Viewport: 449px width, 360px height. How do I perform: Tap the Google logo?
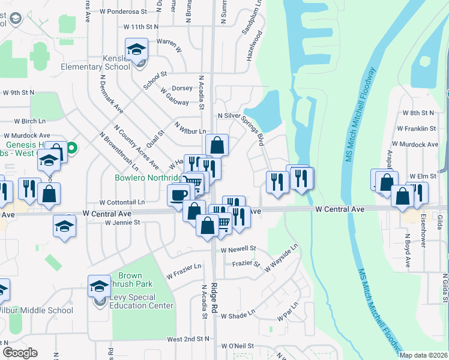pos(20,353)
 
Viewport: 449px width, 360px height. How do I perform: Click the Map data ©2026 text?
pos(423,355)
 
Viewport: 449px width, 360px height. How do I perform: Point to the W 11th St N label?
pos(140,27)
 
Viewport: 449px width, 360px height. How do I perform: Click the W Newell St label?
pos(238,249)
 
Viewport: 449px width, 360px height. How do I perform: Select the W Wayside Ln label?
pos(282,258)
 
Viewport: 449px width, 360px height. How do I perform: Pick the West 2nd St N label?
pos(188,339)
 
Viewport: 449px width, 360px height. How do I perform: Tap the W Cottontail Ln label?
pos(122,203)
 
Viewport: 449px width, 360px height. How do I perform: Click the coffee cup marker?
pos(178,195)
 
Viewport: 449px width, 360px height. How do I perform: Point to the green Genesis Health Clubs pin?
pos(72,147)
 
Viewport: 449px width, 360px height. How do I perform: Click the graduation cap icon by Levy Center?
pos(99,286)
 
